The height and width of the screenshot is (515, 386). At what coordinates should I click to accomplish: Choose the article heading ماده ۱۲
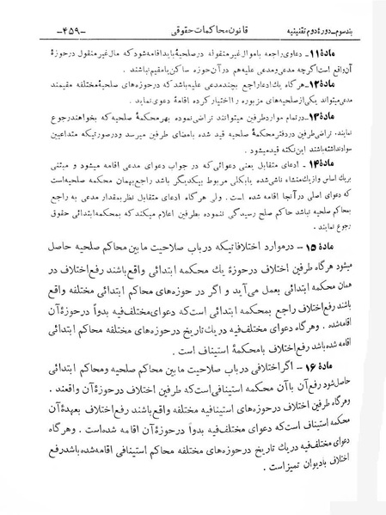[x=352, y=89]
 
